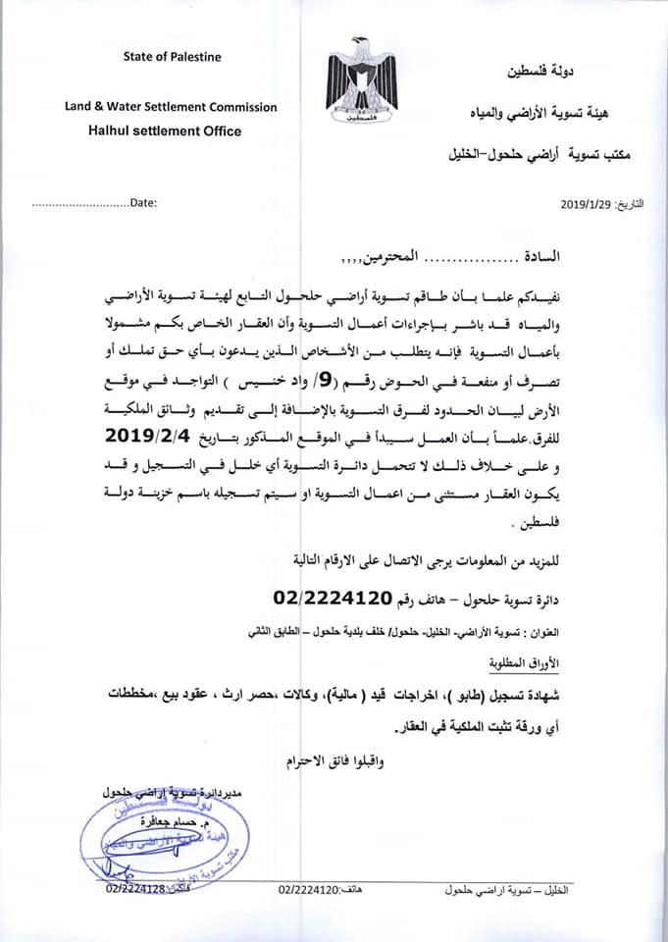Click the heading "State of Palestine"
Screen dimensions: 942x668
[x=173, y=57]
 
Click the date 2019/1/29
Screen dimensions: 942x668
[x=586, y=204]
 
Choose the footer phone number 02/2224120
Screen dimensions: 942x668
[x=309, y=889]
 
